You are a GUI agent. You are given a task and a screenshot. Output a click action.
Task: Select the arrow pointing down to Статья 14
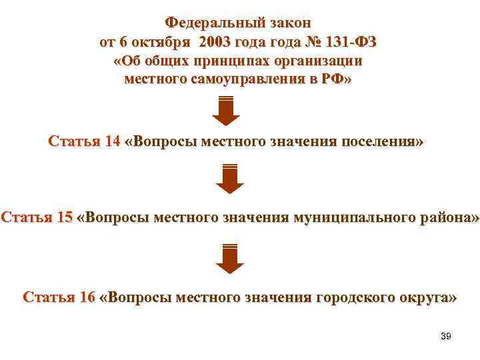pyautogui.click(x=226, y=111)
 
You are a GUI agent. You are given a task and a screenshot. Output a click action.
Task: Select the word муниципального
pyautogui.click(x=345, y=218)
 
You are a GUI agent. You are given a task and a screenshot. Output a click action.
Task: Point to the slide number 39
pyautogui.click(x=446, y=336)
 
